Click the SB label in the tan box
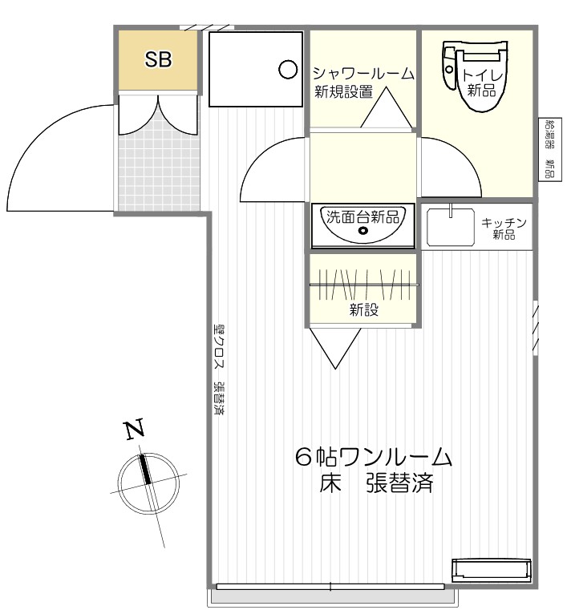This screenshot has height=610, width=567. click(158, 61)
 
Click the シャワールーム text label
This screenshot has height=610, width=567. click(363, 74)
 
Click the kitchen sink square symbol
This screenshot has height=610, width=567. click(451, 227)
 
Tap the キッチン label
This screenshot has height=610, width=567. click(504, 223)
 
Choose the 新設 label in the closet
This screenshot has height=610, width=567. click(363, 310)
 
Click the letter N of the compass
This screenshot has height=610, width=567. click(135, 431)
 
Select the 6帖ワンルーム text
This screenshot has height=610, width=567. click(374, 458)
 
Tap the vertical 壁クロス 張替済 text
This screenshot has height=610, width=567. click(218, 368)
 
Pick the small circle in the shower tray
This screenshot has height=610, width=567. click(287, 70)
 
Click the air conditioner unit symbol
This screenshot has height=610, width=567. click(491, 570)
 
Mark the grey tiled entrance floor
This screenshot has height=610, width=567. click(157, 169)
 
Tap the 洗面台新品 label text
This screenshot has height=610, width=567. click(363, 215)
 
